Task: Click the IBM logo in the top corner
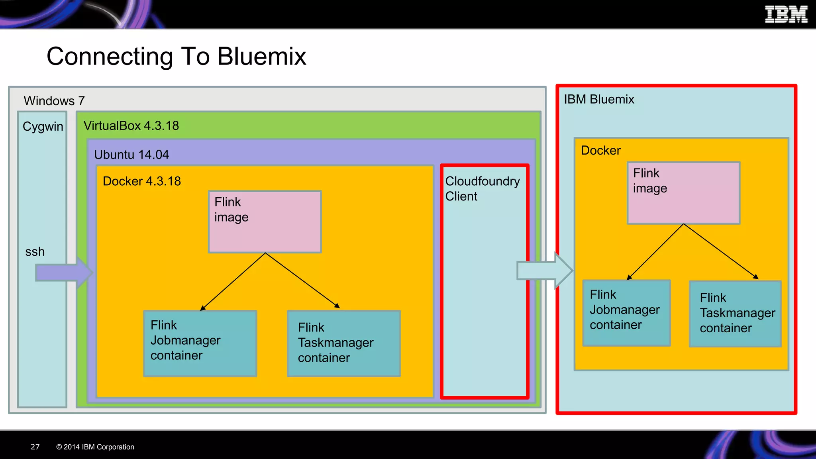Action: pos(785,15)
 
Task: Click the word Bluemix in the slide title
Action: pos(261,57)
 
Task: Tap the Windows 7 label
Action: pos(54,101)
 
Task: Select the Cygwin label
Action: pos(43,126)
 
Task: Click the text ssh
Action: pos(35,252)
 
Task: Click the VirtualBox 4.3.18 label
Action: pos(131,126)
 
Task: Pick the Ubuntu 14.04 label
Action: pos(131,155)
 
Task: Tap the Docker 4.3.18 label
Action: pos(141,181)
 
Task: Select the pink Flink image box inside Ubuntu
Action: pos(265,222)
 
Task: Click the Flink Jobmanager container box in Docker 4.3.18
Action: pos(200,343)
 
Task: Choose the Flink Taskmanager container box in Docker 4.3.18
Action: pos(343,343)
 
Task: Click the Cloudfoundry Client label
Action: pos(482,188)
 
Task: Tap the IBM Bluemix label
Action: pos(598,99)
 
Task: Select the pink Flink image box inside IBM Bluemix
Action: pos(683,193)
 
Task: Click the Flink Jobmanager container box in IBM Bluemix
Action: pos(626,313)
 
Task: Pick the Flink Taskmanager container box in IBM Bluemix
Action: pos(735,314)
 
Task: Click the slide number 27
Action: pos(35,447)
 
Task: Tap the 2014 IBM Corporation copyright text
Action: pos(95,447)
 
